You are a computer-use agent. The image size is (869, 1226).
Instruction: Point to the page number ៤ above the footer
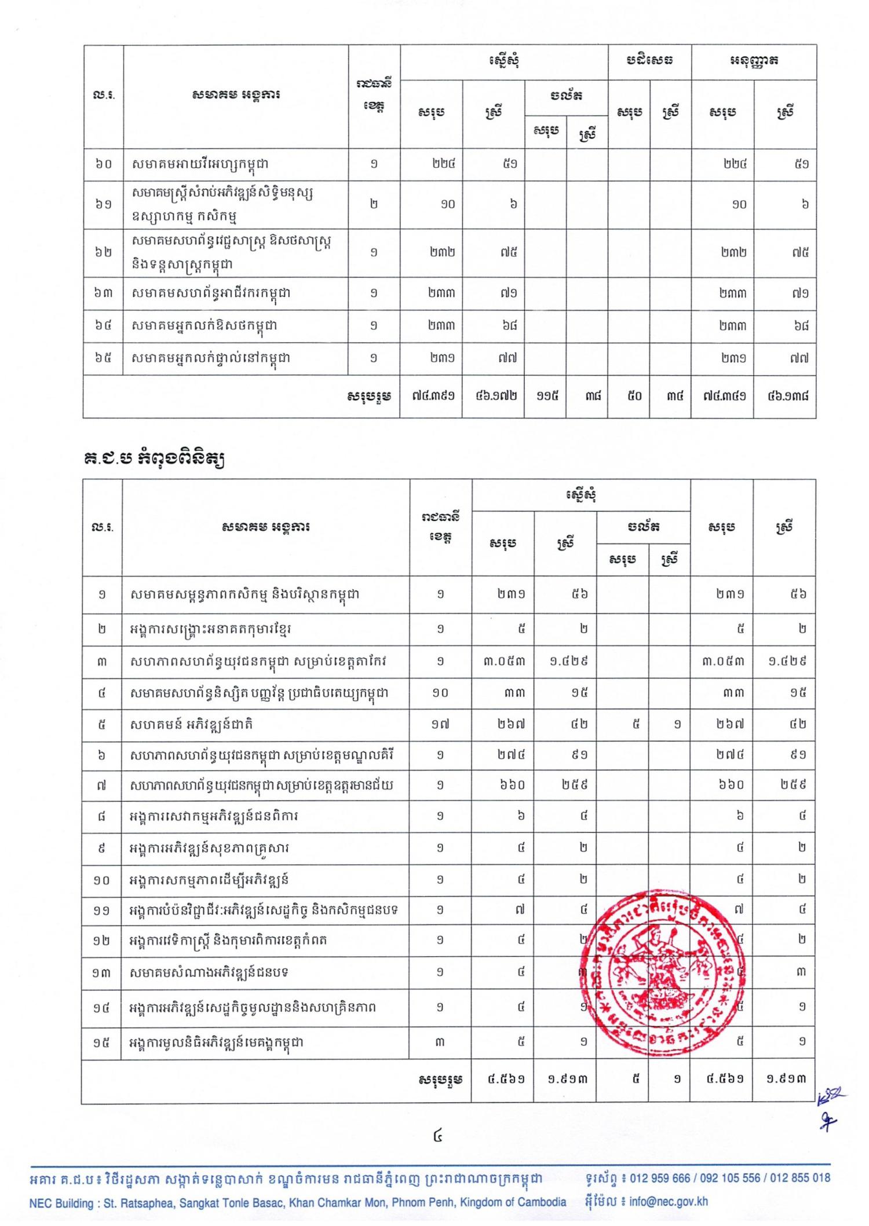point(438,1136)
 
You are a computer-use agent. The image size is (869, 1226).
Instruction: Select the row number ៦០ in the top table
point(103,164)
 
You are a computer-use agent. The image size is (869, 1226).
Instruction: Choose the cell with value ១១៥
point(545,397)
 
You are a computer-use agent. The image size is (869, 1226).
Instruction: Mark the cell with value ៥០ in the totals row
point(629,397)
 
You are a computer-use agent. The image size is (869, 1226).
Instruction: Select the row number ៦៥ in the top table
point(103,358)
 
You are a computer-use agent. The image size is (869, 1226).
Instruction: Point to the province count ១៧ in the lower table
point(440,724)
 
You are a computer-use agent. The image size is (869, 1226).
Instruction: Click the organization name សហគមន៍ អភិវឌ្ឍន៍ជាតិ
point(192,724)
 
